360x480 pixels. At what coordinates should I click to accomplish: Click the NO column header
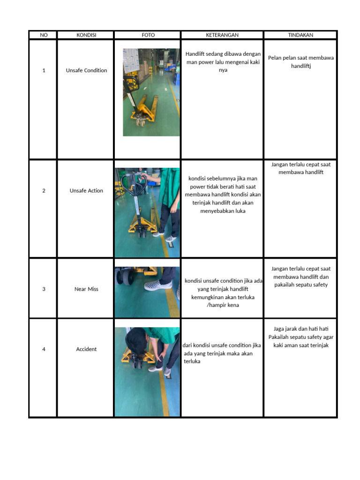pos(44,35)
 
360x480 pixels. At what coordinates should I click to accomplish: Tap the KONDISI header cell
pos(86,35)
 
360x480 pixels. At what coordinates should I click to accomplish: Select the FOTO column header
pos(148,35)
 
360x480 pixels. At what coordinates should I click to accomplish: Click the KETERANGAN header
pos(222,35)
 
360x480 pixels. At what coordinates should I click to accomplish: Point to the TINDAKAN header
pos(300,35)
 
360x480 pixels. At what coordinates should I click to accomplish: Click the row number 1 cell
pos(44,70)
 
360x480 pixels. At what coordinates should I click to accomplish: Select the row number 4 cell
pos(44,349)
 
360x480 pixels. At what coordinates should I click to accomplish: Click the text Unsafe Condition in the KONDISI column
pos(87,70)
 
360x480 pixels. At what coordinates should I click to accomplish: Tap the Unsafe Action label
pos(86,191)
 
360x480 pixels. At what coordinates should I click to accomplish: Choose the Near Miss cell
pos(86,289)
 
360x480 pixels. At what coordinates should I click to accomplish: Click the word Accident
pos(86,349)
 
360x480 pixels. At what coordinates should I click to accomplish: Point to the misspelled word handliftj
pos(301,66)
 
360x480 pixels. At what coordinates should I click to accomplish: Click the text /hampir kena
pos(223,305)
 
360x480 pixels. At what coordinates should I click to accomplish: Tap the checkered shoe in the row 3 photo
pos(158,285)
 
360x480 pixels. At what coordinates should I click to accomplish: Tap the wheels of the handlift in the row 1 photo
pos(141,122)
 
